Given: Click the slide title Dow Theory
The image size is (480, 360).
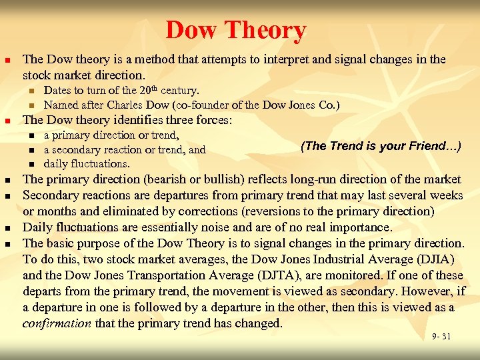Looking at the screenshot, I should [235, 31].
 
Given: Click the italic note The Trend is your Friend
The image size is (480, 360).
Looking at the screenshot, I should [381, 146].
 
